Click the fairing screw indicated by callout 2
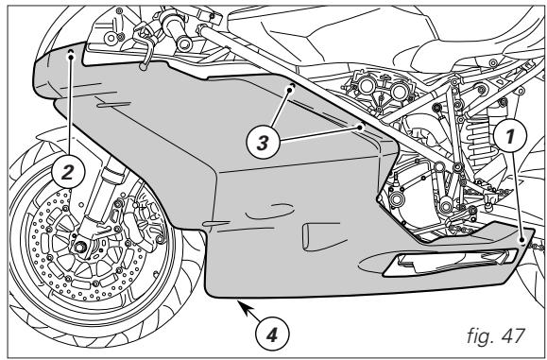point(73,55)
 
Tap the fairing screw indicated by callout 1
point(522,242)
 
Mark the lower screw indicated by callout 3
point(361,123)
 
